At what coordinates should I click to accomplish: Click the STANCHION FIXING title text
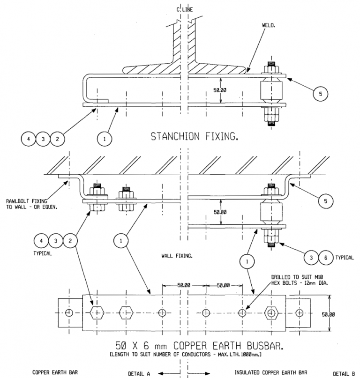click(x=195, y=137)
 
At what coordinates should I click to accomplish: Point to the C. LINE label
click(x=184, y=10)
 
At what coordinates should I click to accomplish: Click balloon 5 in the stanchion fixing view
click(x=320, y=93)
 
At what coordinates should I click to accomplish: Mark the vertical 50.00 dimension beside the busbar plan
click(x=328, y=314)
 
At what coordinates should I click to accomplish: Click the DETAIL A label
click(x=139, y=373)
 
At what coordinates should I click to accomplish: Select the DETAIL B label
click(x=344, y=373)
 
